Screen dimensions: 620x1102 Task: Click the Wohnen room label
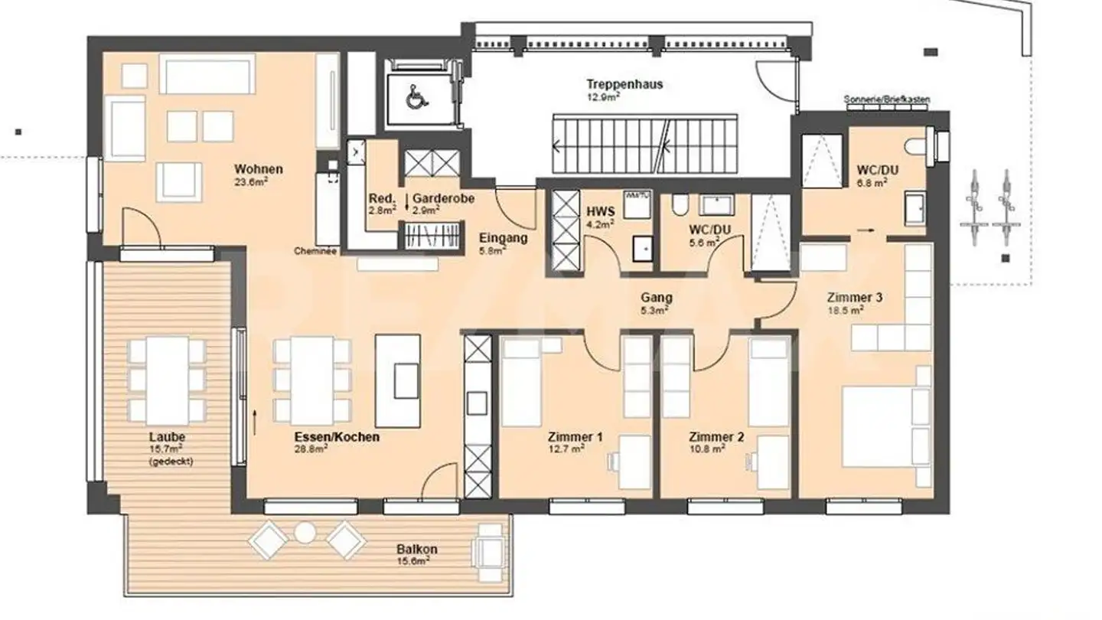click(259, 169)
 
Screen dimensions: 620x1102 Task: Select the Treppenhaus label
click(624, 84)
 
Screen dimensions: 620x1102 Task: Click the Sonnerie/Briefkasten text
click(887, 100)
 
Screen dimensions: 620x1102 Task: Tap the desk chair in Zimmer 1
click(615, 461)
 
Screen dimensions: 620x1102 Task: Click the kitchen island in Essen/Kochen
click(397, 380)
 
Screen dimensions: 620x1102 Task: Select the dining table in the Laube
click(168, 380)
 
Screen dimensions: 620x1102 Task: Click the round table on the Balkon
click(305, 532)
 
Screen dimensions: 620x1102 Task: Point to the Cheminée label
click(314, 251)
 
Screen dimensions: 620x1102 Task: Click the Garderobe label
click(443, 198)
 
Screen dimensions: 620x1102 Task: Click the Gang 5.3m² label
click(657, 303)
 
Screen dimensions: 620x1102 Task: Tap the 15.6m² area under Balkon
click(413, 561)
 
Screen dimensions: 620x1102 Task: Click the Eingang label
click(503, 238)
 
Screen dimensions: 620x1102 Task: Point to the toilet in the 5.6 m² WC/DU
click(678, 204)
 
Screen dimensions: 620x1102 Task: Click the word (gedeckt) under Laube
click(171, 462)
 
